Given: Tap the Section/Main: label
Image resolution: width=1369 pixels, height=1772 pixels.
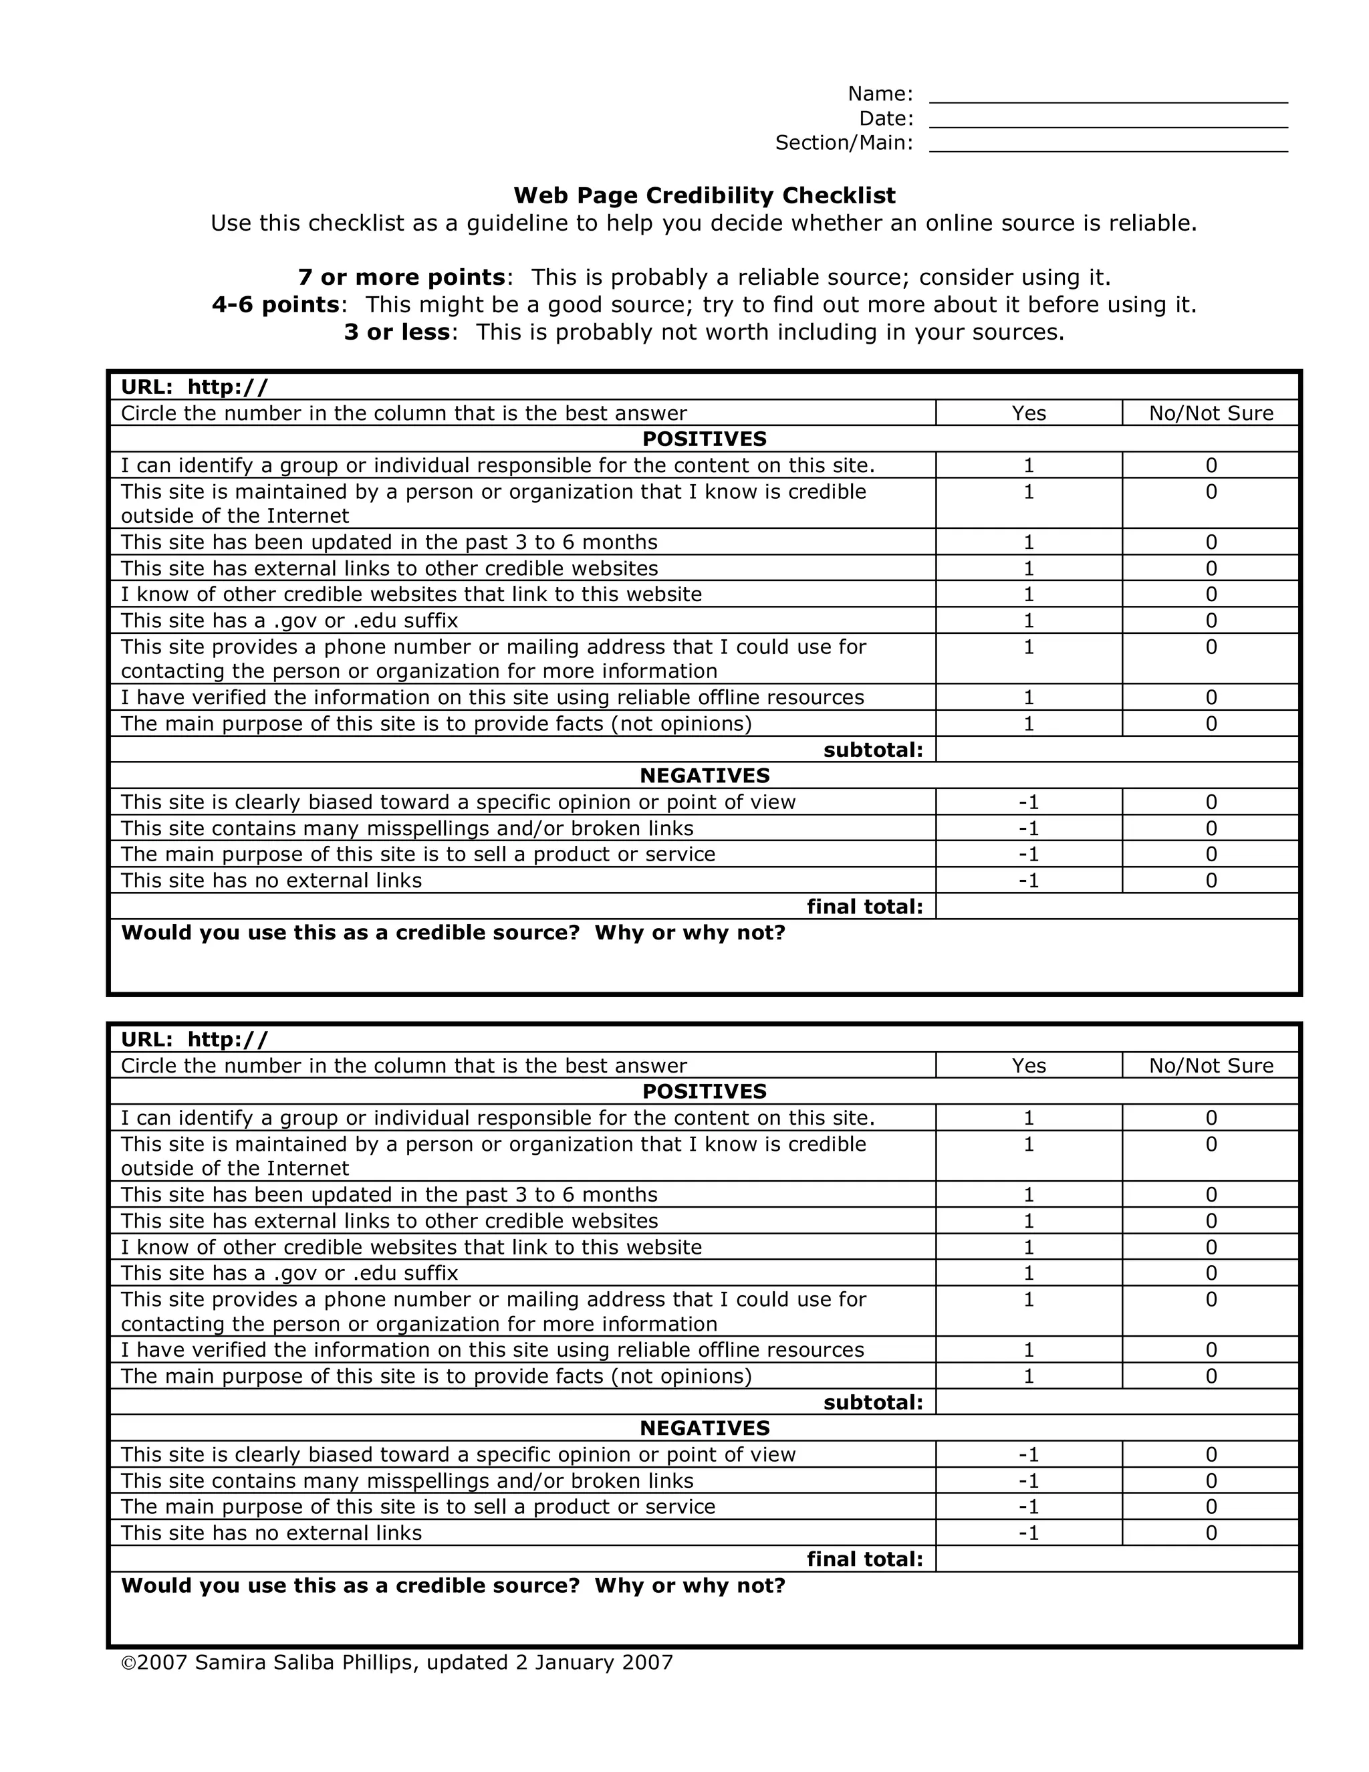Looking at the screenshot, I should click(x=844, y=143).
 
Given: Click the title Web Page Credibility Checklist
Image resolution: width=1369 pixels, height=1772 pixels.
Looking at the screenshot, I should click(x=704, y=195).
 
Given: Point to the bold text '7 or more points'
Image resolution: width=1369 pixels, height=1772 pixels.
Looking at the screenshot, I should click(x=402, y=278).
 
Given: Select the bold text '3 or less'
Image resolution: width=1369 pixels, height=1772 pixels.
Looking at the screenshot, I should click(x=396, y=332).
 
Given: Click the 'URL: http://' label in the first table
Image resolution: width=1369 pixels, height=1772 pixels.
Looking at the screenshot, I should click(x=194, y=387).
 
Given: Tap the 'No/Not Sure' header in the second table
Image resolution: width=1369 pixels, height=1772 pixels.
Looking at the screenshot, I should click(x=1211, y=1065).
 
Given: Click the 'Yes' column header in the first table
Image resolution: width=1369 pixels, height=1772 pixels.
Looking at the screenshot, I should click(x=1028, y=413).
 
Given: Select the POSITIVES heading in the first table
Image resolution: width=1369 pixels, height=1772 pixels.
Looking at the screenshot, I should click(x=704, y=439).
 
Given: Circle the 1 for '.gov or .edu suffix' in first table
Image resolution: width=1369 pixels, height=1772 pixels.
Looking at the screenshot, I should click(x=1028, y=621).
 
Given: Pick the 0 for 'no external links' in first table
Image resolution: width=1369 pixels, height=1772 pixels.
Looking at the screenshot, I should click(x=1211, y=881).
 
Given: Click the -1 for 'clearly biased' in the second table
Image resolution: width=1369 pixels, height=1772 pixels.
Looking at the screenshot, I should click(x=1028, y=1454).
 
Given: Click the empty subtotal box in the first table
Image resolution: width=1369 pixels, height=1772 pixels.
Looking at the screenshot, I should click(x=1117, y=750).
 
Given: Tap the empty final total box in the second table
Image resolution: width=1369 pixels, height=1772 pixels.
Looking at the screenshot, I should click(x=1117, y=1559).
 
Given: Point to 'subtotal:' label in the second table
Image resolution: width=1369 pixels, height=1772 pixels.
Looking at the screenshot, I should click(x=872, y=1402).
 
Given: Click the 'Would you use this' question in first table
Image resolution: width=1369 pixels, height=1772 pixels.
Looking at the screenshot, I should click(x=453, y=932).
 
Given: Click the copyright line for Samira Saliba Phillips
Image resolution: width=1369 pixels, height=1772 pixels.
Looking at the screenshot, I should click(x=396, y=1662).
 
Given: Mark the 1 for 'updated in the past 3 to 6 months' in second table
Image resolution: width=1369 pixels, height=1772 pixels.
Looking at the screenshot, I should click(x=1028, y=1194).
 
